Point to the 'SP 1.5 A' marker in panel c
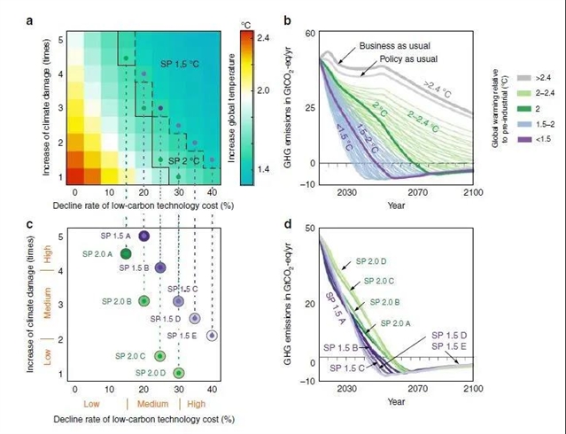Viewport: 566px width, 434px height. tap(143, 236)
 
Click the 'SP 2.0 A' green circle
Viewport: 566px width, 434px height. tap(126, 254)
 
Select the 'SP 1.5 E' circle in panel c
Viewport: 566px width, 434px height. tap(212, 336)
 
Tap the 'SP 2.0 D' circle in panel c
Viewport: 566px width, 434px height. tap(178, 373)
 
